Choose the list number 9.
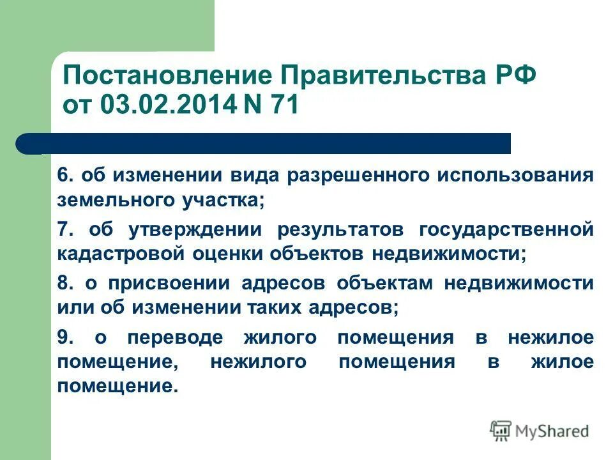tap(65, 337)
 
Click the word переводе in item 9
tap(174, 337)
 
